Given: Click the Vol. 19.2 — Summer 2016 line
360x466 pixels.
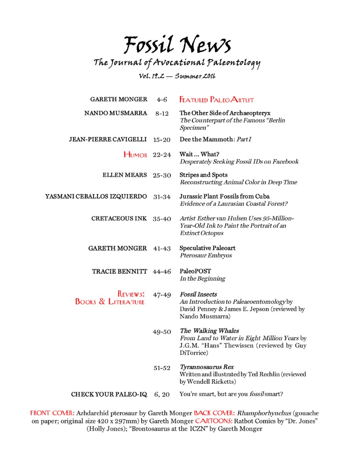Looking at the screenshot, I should pos(177,76).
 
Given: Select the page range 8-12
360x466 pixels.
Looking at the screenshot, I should pos(162,114).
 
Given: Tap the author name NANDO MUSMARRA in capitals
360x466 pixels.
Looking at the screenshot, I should pos(116,113).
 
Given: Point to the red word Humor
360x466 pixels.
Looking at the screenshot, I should pos(135,155).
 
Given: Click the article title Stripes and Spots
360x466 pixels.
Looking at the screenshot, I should pos(204,175).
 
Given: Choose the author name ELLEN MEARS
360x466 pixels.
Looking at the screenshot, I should pos(125,175).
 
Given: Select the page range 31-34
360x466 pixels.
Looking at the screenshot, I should pos(162,196).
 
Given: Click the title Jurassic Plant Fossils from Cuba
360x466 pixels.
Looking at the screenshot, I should pos(224,196).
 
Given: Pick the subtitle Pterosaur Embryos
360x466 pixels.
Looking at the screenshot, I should pos(206,255).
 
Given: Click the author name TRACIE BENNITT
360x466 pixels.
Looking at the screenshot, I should pos(120,272).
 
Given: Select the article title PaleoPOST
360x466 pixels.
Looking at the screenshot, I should pos(195,271).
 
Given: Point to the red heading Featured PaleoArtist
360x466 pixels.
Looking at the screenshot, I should pos(216,100).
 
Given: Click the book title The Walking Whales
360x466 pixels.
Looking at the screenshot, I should pos(210,331).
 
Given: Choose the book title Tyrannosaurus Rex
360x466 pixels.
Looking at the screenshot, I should pos(207,367).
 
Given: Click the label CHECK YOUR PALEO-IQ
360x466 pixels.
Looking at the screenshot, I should pos(109,394).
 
